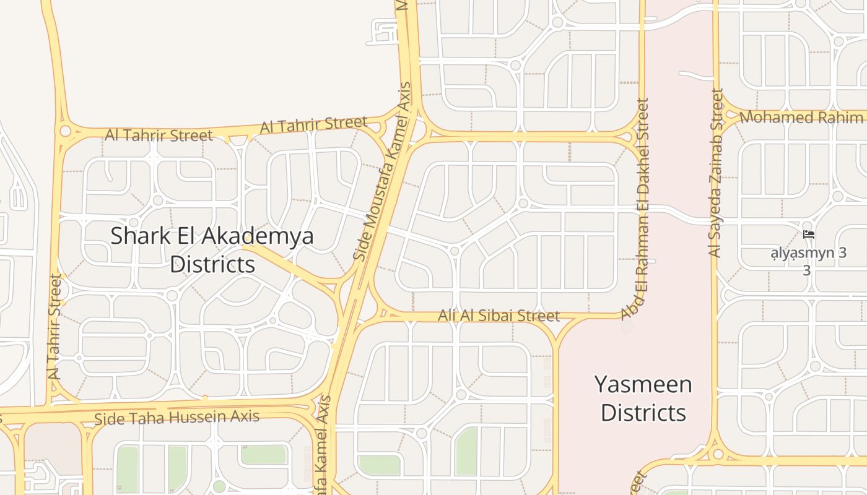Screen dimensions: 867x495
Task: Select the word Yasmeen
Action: click(x=643, y=384)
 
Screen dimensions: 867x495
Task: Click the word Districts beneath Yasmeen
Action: click(x=643, y=413)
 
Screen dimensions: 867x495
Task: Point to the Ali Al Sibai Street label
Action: click(x=499, y=316)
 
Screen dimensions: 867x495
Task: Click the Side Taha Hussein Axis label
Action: click(x=176, y=418)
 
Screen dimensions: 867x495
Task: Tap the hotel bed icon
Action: click(x=808, y=235)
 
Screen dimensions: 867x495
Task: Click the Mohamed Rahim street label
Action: click(x=801, y=117)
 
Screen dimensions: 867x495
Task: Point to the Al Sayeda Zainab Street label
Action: click(x=716, y=173)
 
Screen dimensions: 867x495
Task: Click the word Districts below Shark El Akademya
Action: click(x=212, y=264)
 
